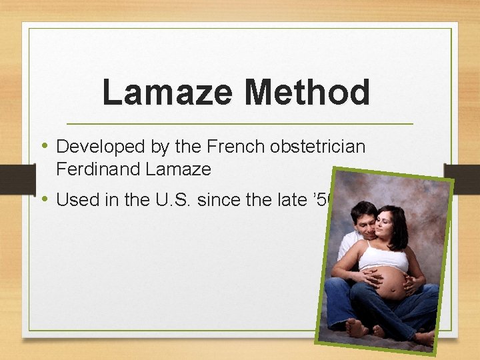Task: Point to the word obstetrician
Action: (318, 147)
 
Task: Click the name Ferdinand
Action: (98, 169)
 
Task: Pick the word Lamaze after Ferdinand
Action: (178, 169)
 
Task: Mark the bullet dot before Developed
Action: (45, 146)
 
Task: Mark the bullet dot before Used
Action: (45, 199)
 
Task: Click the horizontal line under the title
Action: (240, 124)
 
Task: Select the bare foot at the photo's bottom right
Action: (425, 337)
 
